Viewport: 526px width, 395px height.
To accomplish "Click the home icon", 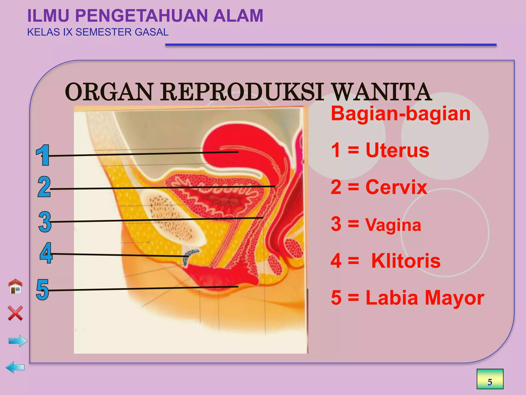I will point(15,286).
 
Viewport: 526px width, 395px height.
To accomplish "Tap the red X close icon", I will point(15,313).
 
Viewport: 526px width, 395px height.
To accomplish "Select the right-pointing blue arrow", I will point(18,341).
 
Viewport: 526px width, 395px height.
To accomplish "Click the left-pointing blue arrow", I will point(15,367).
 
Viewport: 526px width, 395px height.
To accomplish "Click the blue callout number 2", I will point(44,187).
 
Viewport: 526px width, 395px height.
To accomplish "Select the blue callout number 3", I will point(45,222).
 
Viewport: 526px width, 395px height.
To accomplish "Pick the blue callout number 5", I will point(42,290).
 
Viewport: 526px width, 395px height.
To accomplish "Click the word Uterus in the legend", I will point(397,150).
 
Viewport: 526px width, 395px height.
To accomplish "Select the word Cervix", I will point(396,187).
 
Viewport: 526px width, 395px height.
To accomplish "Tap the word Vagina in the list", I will point(393,225).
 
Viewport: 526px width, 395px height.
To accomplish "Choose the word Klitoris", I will point(406,261).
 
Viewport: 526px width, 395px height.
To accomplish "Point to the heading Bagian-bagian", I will point(401,114).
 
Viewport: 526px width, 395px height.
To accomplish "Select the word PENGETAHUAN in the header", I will point(141,16).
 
